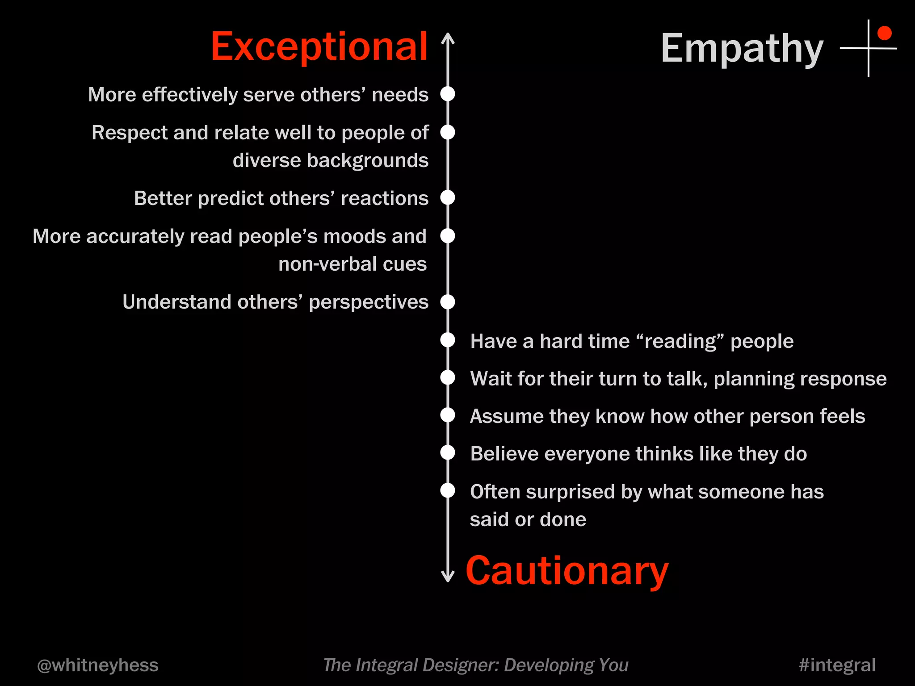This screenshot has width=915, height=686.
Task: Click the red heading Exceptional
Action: pos(319,46)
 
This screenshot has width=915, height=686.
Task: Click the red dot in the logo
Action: pos(885,33)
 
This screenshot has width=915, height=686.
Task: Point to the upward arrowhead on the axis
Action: pos(448,38)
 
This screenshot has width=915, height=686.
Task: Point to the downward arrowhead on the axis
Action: pos(448,577)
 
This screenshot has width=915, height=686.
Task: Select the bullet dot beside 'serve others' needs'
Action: pos(448,94)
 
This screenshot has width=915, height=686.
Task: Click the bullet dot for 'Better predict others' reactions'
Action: pos(448,197)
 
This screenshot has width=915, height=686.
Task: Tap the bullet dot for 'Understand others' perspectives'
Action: pos(448,302)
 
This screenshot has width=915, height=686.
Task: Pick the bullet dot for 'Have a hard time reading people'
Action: pos(448,340)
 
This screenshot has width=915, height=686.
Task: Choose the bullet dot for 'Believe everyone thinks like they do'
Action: pos(448,453)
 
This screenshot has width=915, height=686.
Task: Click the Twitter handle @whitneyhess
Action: pos(98,665)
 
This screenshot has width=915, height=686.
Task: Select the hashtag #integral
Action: pos(837,665)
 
